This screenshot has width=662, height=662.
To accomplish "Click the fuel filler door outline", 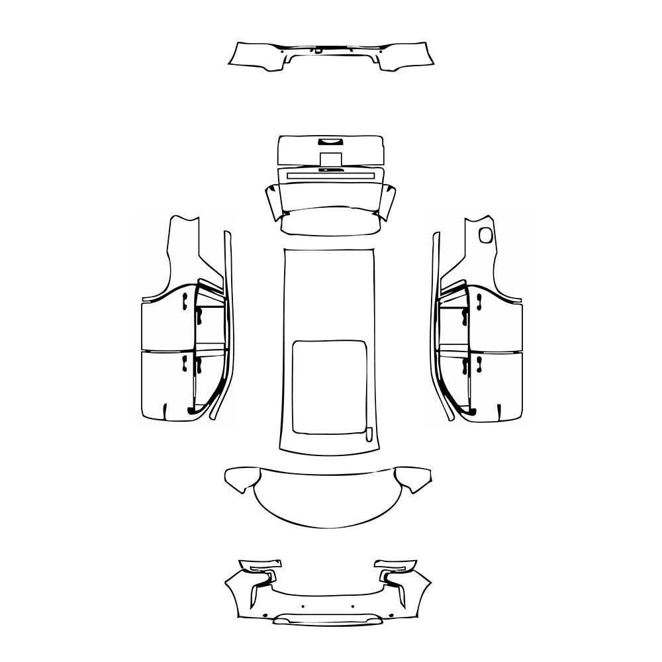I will click(x=485, y=234).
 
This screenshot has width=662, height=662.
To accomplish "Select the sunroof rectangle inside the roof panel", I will click(x=329, y=387).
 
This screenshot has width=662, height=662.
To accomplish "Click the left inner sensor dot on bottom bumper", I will click(x=303, y=606).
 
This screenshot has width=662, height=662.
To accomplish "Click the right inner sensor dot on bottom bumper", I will click(x=353, y=606).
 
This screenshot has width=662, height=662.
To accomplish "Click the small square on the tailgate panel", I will click(x=330, y=159).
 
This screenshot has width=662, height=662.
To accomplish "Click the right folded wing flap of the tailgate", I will click(x=387, y=202).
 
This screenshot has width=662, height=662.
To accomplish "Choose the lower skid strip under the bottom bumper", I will click(x=329, y=620).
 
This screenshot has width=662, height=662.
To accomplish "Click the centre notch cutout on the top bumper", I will click(x=319, y=50).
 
